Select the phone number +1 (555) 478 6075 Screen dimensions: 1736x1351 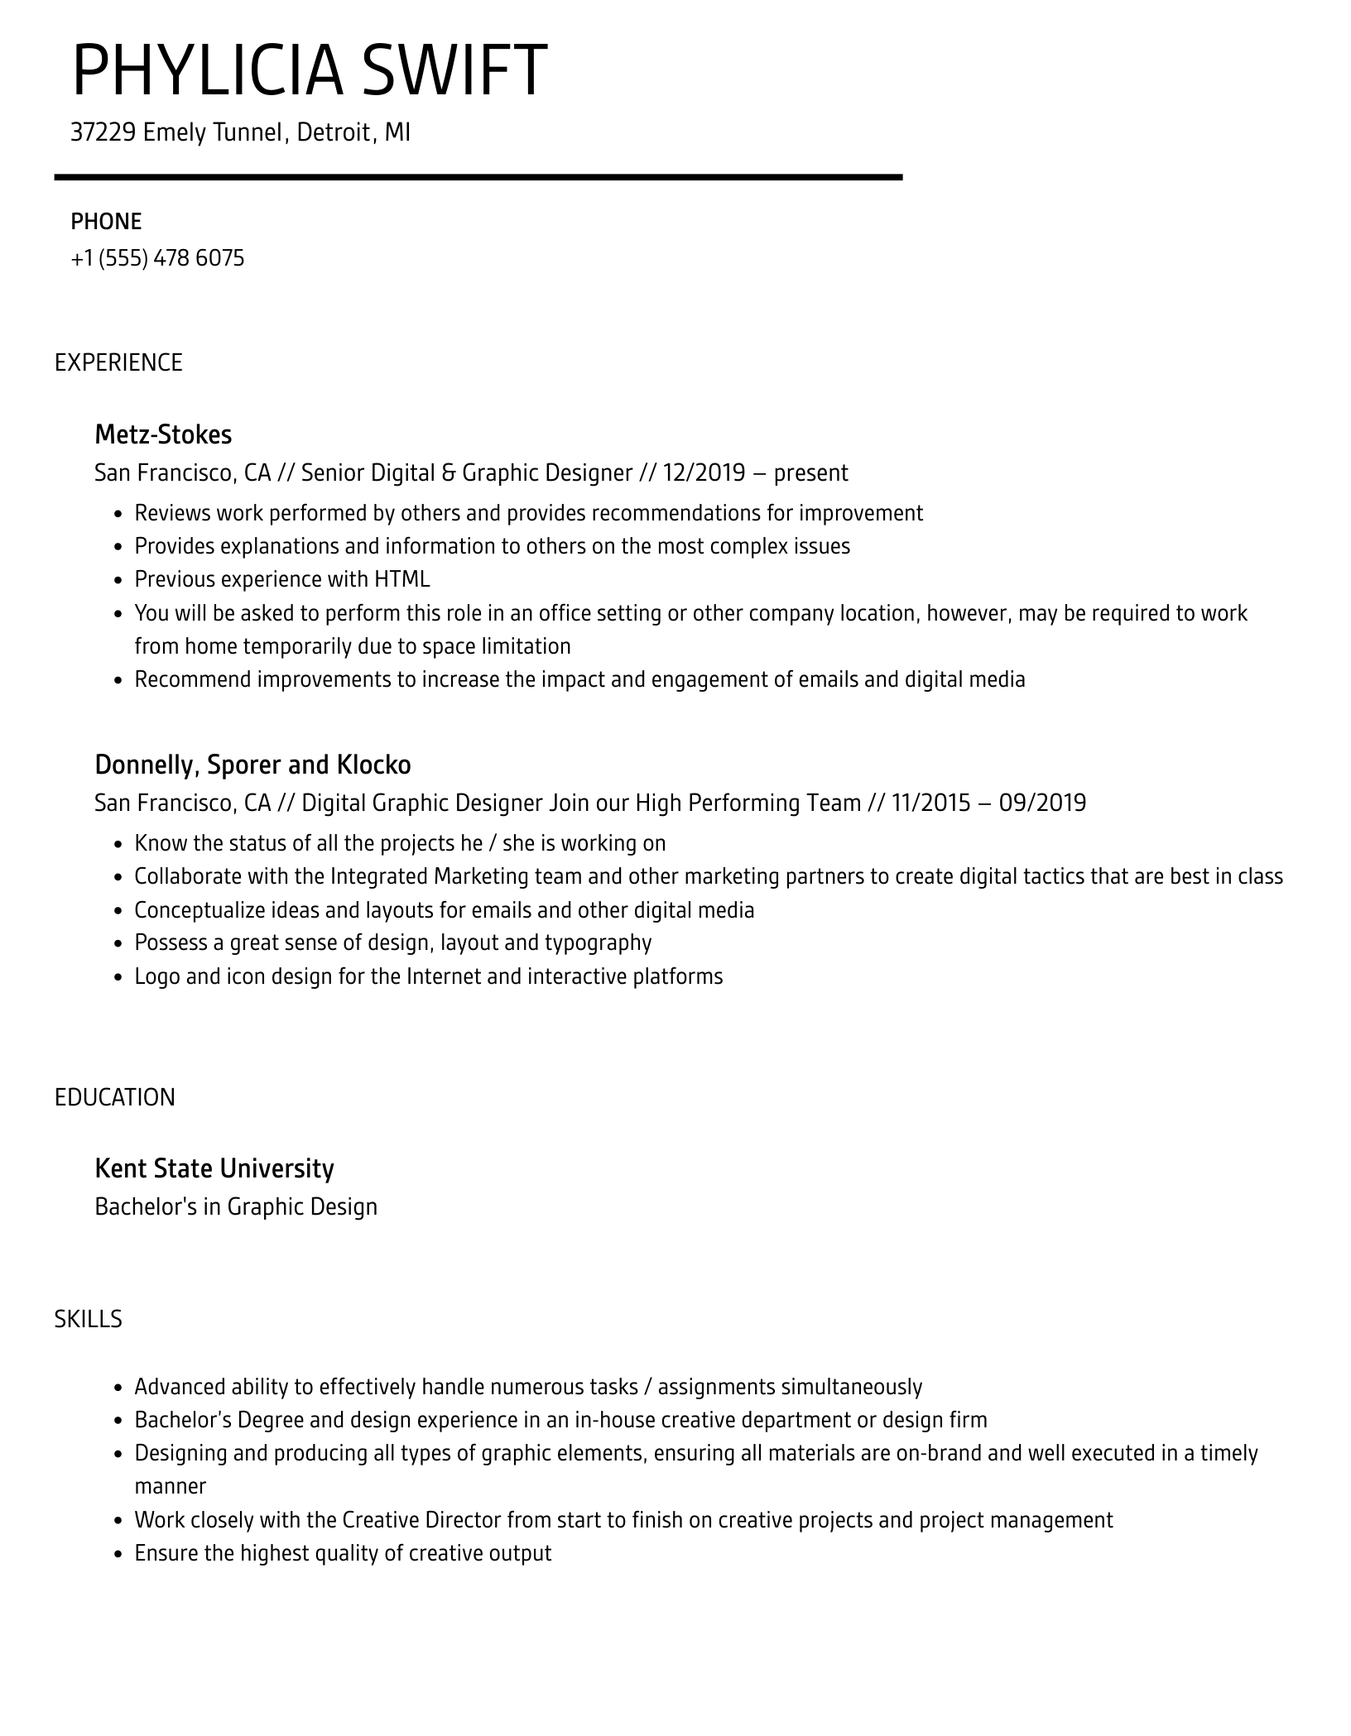pyautogui.click(x=157, y=259)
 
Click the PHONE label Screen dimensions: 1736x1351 pyautogui.click(x=106, y=222)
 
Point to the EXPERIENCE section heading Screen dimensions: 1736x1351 pyautogui.click(x=118, y=363)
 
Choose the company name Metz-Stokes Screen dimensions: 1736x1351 pyautogui.click(x=163, y=434)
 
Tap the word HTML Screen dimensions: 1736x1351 pyautogui.click(x=402, y=579)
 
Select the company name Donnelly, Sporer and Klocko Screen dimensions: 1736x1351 pyautogui.click(x=252, y=765)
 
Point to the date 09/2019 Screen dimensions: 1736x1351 pyautogui.click(x=1042, y=803)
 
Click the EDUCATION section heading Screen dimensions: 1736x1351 pyautogui.click(x=115, y=1097)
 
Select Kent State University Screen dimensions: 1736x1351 pyautogui.click(x=214, y=1168)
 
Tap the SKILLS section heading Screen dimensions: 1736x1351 pyautogui.click(x=88, y=1319)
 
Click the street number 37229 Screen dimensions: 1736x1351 pyautogui.click(x=103, y=132)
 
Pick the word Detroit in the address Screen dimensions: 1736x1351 pyautogui.click(x=334, y=132)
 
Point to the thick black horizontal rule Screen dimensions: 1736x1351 pyautogui.click(x=478, y=177)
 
